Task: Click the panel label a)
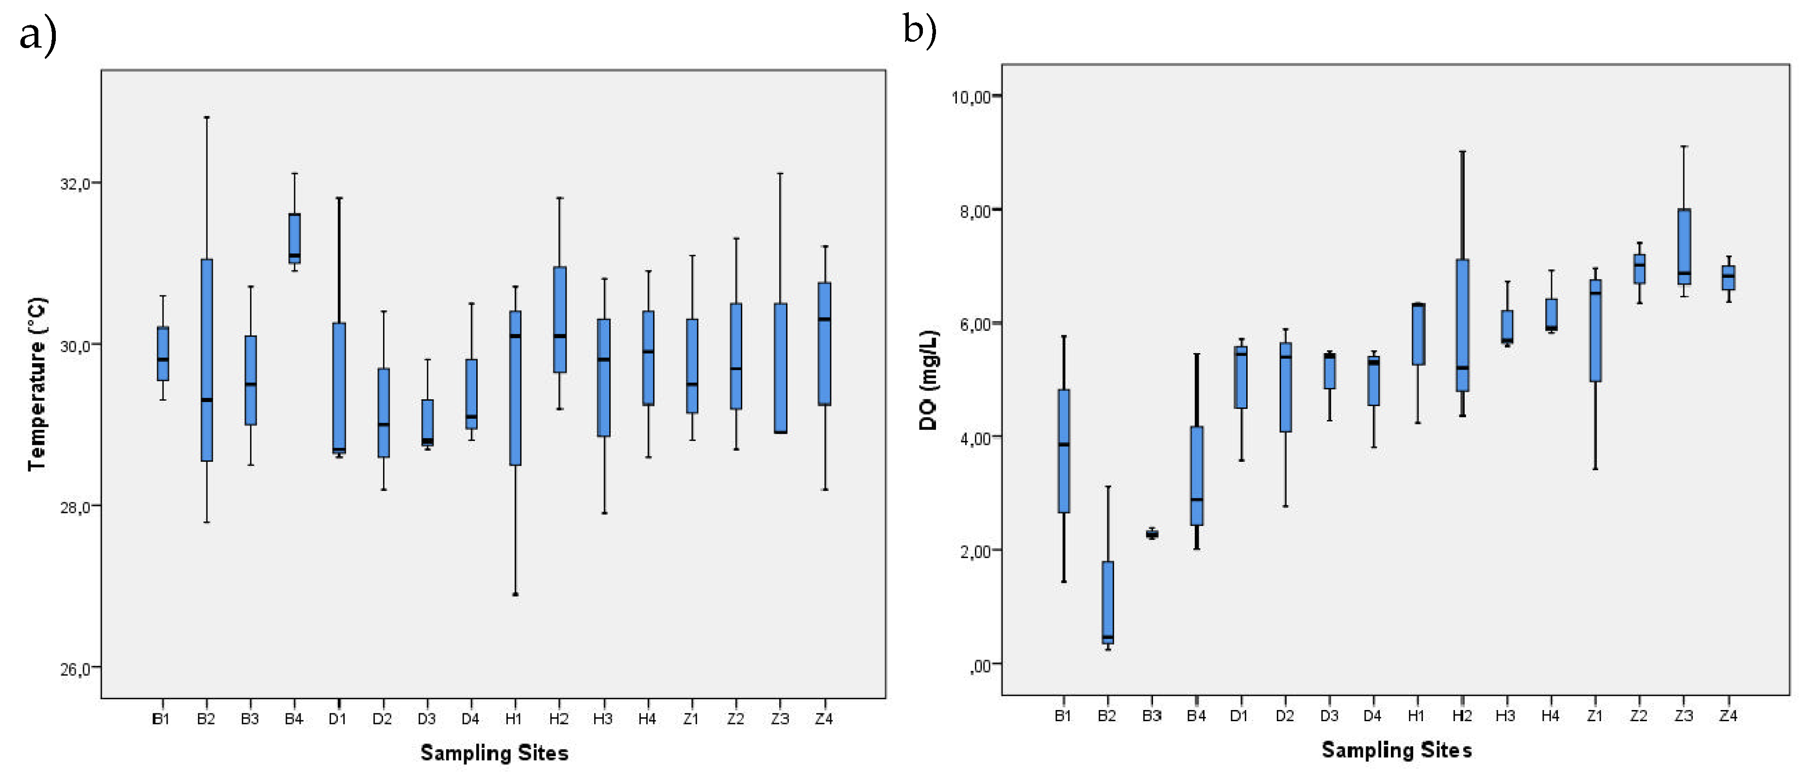38,35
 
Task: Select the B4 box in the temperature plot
295,238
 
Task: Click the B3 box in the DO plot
1152,534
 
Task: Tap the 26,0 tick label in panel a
76,669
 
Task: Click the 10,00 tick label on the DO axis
971,97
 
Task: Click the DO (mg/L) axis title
928,380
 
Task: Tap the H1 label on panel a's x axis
513,719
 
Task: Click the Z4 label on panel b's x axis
1728,716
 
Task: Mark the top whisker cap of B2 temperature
206,118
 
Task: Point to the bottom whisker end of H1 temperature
515,594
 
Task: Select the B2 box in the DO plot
1108,602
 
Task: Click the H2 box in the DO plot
1462,325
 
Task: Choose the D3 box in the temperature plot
427,423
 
